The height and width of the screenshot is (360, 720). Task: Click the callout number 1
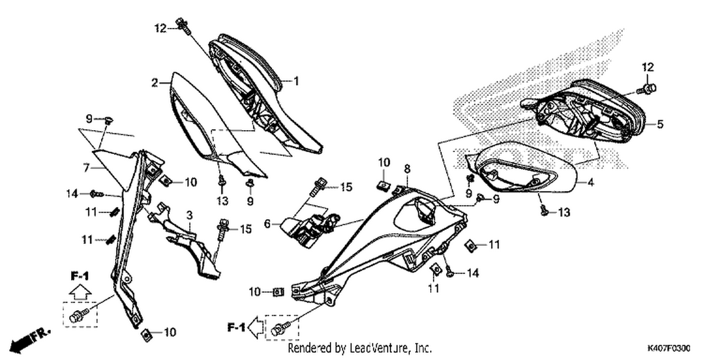click(x=296, y=81)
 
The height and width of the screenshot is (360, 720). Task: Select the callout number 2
click(x=155, y=83)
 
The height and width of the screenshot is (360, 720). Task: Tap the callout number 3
click(x=189, y=216)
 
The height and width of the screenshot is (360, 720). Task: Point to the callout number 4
click(x=591, y=182)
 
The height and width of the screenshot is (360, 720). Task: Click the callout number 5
click(x=660, y=124)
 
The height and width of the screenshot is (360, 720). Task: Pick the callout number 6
click(x=267, y=224)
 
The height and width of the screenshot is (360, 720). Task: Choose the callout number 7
click(x=86, y=168)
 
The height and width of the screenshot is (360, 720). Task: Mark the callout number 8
click(x=407, y=169)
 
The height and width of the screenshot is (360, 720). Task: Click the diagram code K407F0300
click(x=669, y=348)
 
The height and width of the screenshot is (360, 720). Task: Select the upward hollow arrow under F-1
click(x=80, y=293)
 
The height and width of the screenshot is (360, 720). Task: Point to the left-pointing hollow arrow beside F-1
click(x=257, y=328)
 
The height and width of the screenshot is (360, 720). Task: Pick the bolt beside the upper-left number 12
click(x=183, y=26)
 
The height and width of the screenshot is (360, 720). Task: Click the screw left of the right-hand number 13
click(x=543, y=210)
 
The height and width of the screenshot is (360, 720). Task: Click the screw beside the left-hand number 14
click(x=97, y=194)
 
